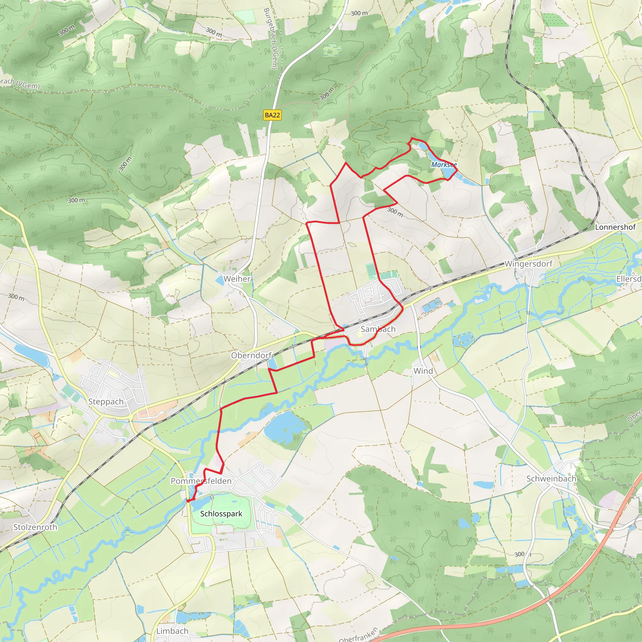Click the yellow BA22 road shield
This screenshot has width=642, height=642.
pos(272,115)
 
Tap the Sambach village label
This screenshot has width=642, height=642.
pos(378,329)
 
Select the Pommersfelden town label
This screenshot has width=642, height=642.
pos(201,481)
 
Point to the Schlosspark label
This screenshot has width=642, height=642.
pos(221,514)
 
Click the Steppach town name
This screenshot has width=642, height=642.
pos(106,402)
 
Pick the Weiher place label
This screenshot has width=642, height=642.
pos(237,278)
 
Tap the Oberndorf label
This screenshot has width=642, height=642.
pos(251,355)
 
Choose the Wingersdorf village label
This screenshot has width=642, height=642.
pos(528,264)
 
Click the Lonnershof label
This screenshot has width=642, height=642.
pos(615,227)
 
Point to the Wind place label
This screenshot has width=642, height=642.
pos(423,371)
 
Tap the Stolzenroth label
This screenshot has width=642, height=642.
pos(35,527)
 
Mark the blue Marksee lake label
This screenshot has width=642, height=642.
pos(444,165)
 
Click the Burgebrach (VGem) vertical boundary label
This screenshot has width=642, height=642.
pos(270,39)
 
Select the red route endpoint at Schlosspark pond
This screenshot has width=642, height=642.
pos(188,501)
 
